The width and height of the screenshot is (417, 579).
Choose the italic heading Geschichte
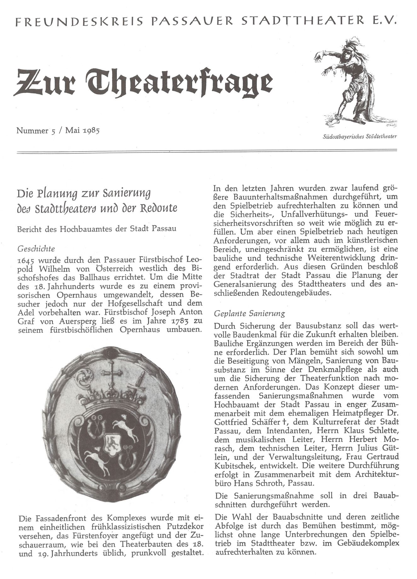point(36,249)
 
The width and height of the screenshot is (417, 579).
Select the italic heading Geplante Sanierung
point(249,314)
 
